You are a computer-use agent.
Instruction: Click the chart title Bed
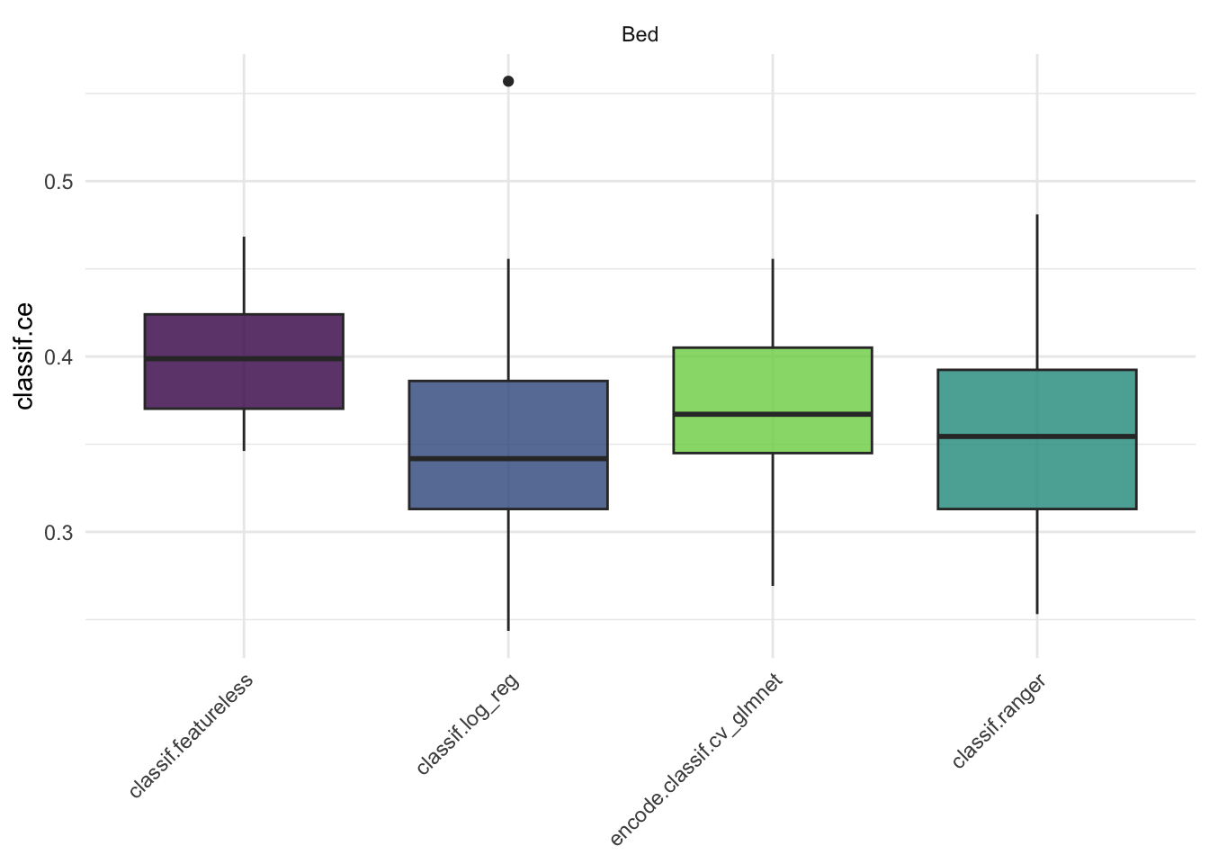point(640,35)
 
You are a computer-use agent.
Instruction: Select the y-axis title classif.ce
point(25,355)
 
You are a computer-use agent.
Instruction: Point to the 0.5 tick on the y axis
point(58,182)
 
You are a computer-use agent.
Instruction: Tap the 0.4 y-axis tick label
point(58,357)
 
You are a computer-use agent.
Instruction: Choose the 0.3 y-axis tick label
point(58,533)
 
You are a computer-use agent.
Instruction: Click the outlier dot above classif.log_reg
point(508,82)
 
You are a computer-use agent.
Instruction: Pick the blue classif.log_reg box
point(508,414)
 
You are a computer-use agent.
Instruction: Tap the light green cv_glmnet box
point(773,378)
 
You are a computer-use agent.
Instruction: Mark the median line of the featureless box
point(244,358)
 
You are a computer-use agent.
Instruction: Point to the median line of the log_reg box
point(508,458)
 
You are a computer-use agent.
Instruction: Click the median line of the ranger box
point(1037,436)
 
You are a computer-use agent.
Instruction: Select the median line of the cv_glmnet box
point(773,414)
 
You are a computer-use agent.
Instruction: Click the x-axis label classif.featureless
point(192,735)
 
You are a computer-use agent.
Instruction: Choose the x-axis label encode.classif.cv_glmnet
point(697,760)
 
